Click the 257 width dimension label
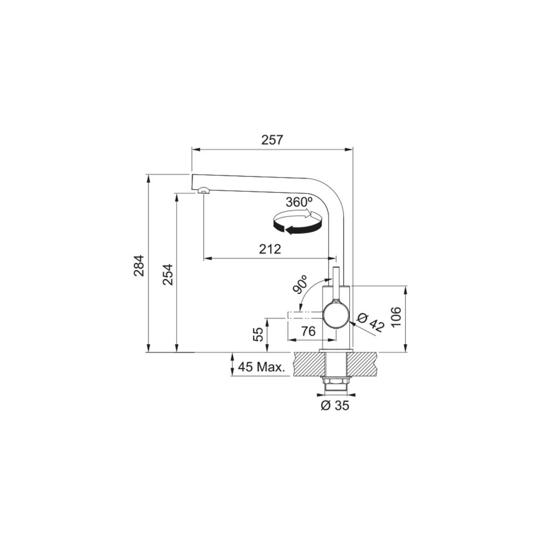[x=272, y=140]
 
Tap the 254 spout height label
[x=167, y=275]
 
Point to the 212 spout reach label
[x=270, y=249]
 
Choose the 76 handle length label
[x=308, y=331]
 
